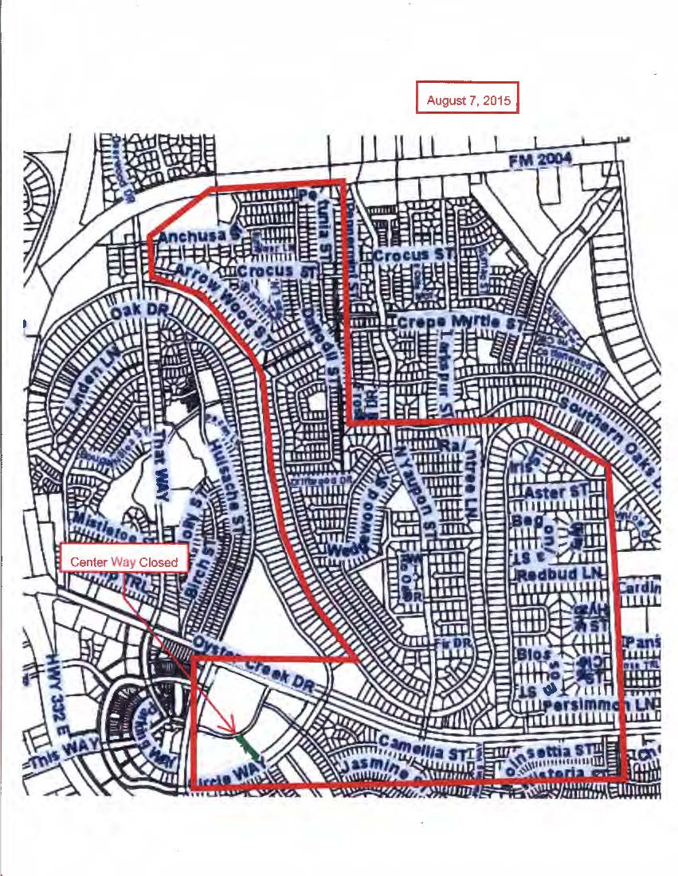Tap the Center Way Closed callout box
pyautogui.click(x=123, y=561)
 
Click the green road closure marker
pyautogui.click(x=249, y=744)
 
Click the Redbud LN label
pyautogui.click(x=562, y=573)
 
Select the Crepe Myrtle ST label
pyautogui.click(x=458, y=323)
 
